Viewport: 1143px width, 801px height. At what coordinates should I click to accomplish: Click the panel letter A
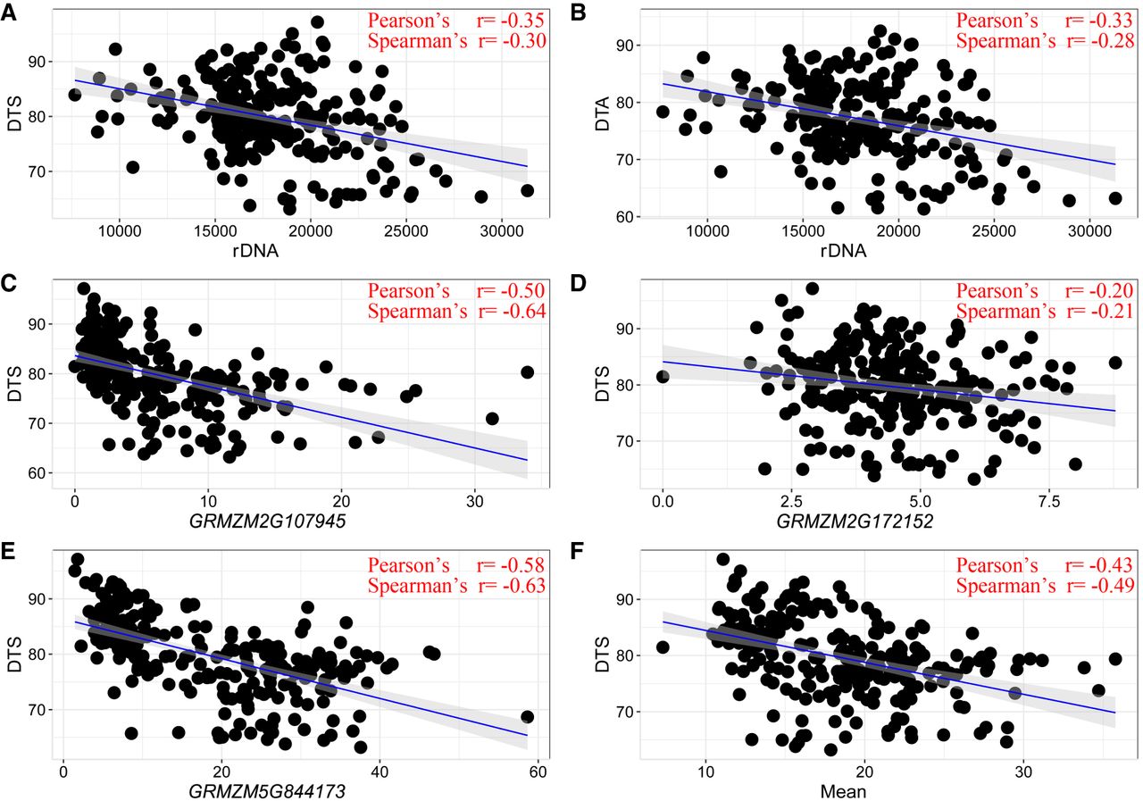[10, 12]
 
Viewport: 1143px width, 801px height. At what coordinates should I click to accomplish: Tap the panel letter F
[576, 563]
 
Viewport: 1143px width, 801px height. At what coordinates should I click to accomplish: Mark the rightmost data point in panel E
[527, 717]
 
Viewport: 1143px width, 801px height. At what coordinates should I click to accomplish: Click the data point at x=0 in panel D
[663, 376]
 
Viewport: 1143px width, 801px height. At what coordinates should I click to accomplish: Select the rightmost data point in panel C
[527, 372]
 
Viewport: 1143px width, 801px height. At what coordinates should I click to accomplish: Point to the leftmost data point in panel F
[663, 647]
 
